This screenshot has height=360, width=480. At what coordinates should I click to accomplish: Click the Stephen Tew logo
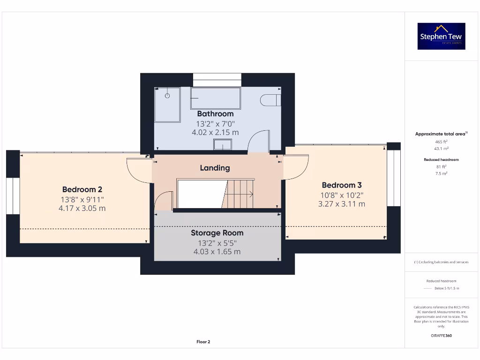441,37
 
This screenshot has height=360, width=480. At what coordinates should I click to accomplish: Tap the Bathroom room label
215,113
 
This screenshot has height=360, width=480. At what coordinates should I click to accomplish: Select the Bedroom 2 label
82,189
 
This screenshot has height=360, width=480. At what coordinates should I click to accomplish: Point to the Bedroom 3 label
342,185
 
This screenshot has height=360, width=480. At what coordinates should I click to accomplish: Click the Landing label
215,168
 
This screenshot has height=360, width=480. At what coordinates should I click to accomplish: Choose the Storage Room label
217,233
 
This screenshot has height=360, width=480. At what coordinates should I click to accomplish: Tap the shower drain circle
167,96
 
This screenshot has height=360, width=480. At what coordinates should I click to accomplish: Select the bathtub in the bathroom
215,98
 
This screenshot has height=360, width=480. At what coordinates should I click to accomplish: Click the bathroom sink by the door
223,145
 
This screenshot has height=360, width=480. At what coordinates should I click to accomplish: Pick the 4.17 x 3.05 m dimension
82,208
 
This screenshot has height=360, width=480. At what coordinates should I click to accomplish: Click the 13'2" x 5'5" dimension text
217,243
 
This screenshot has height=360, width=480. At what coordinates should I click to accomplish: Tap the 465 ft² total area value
441,142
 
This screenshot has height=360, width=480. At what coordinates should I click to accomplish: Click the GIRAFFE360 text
441,336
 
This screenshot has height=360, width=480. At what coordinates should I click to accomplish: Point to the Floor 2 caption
203,342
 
